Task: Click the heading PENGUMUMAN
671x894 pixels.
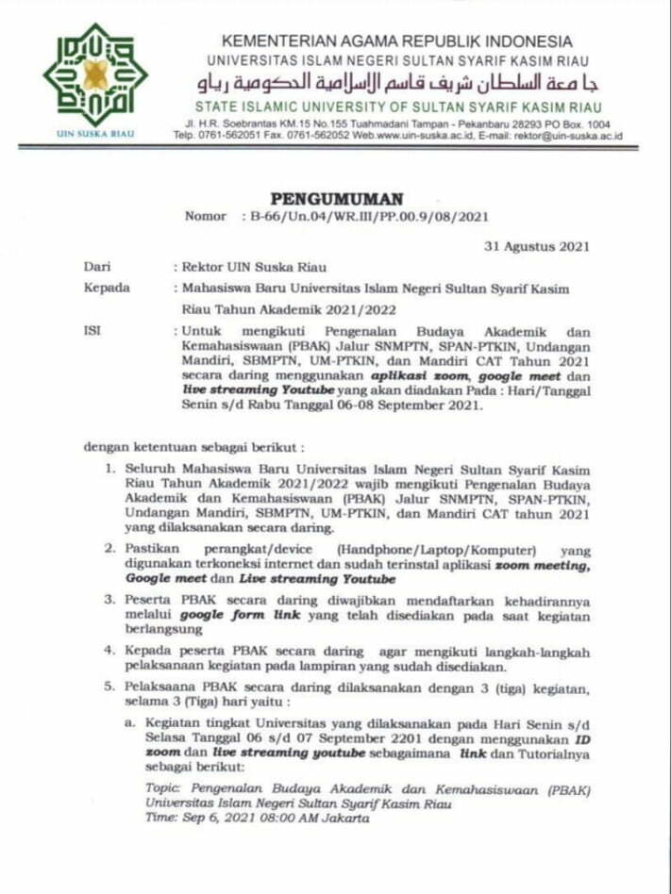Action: [336, 199]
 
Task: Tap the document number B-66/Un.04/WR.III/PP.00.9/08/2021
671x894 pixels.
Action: [369, 216]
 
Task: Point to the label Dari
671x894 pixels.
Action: [96, 267]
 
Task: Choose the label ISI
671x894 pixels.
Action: [92, 331]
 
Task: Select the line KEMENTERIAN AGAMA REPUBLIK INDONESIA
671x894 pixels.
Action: [396, 41]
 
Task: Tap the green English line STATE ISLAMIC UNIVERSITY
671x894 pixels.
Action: [396, 106]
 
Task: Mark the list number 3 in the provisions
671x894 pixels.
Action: [109, 599]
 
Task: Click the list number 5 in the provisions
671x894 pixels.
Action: [109, 689]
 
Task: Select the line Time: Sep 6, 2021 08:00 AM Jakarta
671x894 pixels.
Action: [257, 818]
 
